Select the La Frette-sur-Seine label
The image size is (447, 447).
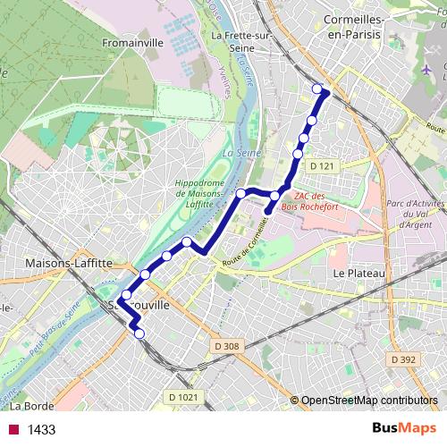pyautogui.click(x=241, y=42)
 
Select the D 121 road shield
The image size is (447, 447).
pyautogui.click(x=322, y=167)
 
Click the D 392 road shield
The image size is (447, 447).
pyautogui.click(x=403, y=358)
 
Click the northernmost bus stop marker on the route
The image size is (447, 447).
pyautogui.click(x=317, y=89)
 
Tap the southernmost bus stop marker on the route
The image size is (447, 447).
pyautogui.click(x=139, y=333)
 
